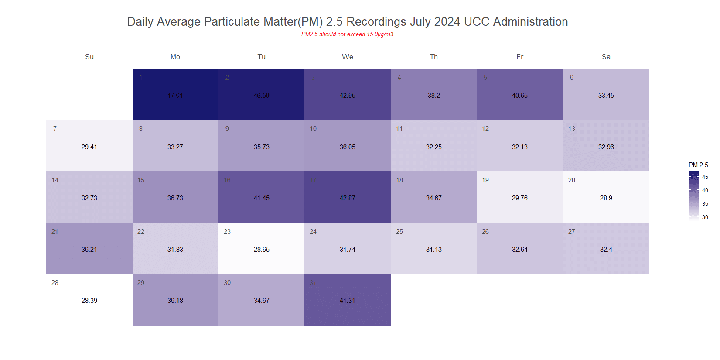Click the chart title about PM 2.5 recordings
347,22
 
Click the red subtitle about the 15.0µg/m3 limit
347,34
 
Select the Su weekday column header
89,57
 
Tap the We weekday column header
348,57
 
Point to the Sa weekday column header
606,57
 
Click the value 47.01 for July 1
175,96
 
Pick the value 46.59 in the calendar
261,96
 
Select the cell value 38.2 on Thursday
433,96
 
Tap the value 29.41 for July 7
89,147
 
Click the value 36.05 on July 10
348,147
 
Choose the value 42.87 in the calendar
348,198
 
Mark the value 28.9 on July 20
606,198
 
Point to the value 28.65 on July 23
261,250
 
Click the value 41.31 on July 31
348,301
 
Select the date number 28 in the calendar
55,283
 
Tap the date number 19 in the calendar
485,180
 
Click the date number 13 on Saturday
572,129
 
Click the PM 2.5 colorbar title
698,165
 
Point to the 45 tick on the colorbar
705,177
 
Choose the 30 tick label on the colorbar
705,217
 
